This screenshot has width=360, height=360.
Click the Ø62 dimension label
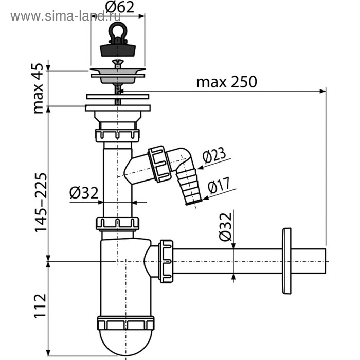(120, 7)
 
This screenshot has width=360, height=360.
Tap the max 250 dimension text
(227, 82)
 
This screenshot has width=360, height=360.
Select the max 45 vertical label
(38, 88)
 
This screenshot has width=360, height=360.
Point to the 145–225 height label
(41, 203)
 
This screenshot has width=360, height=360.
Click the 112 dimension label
(41, 305)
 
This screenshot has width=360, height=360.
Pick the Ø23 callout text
(214, 155)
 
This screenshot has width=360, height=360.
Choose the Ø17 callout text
(219, 185)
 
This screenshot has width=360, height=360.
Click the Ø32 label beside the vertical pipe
(84, 193)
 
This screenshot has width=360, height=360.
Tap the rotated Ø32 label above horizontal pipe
(225, 227)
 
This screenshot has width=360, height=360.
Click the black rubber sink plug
(118, 50)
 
